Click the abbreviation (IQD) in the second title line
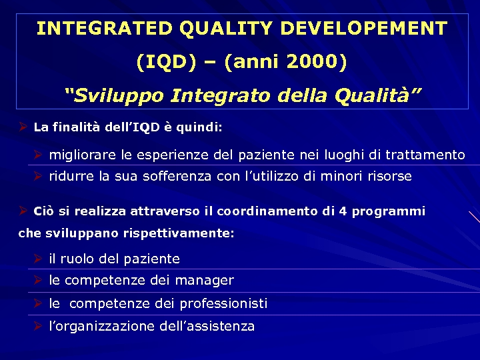167,63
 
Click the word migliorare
83,155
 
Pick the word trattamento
426,155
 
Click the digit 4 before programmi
343,211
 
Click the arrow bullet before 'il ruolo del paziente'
38,258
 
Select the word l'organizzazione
102,326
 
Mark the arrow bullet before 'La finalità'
23,126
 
